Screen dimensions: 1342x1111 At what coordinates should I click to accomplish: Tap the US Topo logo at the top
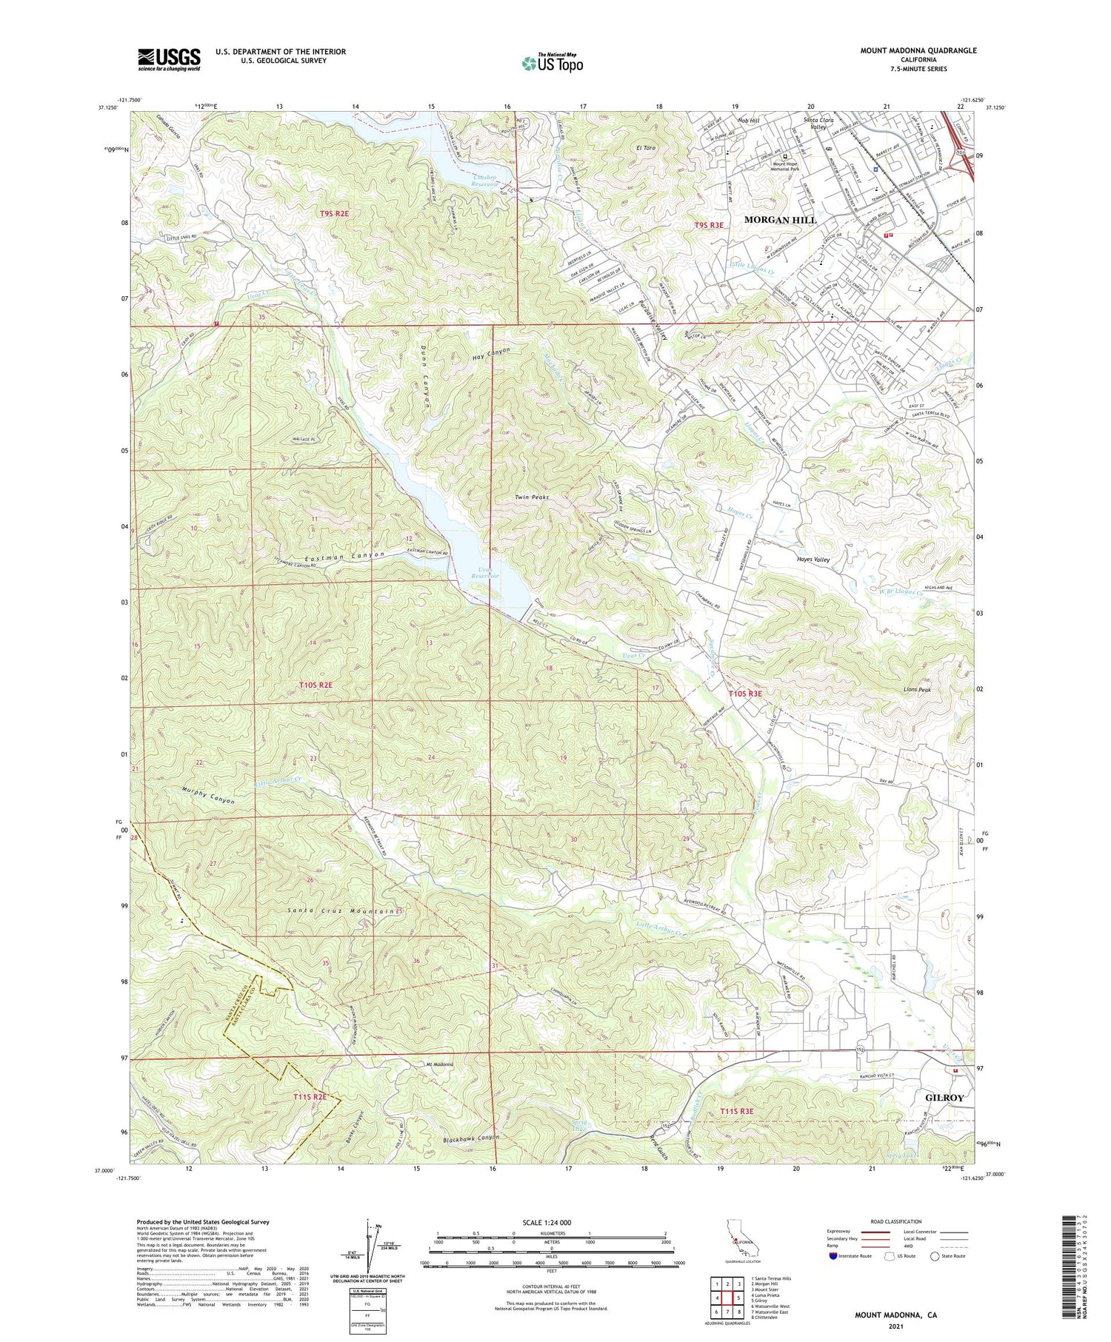(552, 63)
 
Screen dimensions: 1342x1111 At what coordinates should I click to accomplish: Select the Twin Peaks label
(532, 498)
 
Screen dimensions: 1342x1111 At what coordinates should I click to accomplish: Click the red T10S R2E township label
(319, 686)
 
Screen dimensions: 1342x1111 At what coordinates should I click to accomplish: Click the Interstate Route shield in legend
(834, 1255)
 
